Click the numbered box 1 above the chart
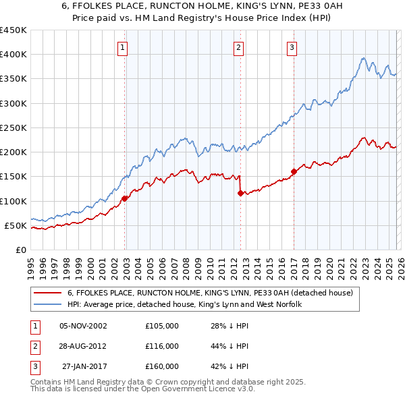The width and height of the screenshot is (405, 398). click(x=122, y=47)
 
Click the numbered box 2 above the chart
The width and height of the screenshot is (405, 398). click(x=239, y=47)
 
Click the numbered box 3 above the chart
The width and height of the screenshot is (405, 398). click(x=292, y=47)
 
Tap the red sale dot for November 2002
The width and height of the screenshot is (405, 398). click(x=125, y=198)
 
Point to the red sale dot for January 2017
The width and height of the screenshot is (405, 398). click(x=294, y=171)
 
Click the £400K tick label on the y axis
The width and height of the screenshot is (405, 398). click(x=13, y=55)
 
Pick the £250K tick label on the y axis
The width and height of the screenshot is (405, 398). click(x=13, y=127)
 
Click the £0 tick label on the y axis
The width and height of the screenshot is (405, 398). click(x=20, y=250)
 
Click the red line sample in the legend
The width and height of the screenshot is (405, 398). click(x=47, y=293)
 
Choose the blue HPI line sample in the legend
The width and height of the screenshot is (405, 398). click(x=47, y=305)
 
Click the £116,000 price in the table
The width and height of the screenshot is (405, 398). click(x=161, y=346)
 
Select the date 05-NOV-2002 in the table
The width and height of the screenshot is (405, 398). click(x=83, y=326)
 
